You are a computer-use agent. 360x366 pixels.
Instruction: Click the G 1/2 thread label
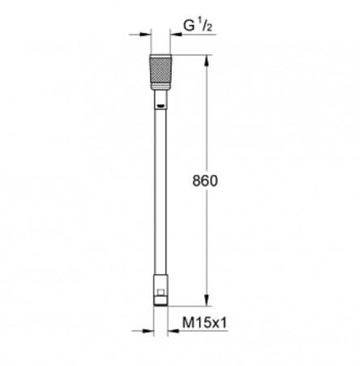point(198,26)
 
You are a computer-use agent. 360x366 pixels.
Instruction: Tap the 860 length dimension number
point(205,181)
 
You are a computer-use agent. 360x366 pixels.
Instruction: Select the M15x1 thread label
point(204,322)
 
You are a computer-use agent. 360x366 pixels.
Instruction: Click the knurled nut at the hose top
point(161,72)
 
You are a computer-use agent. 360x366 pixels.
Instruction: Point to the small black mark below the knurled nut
point(161,106)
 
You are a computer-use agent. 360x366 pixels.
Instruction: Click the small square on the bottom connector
point(161,292)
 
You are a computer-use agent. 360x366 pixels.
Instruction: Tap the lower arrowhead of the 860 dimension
point(207,300)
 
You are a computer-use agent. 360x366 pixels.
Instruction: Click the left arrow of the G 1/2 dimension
point(139,34)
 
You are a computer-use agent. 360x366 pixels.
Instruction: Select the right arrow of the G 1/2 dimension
point(176,34)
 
